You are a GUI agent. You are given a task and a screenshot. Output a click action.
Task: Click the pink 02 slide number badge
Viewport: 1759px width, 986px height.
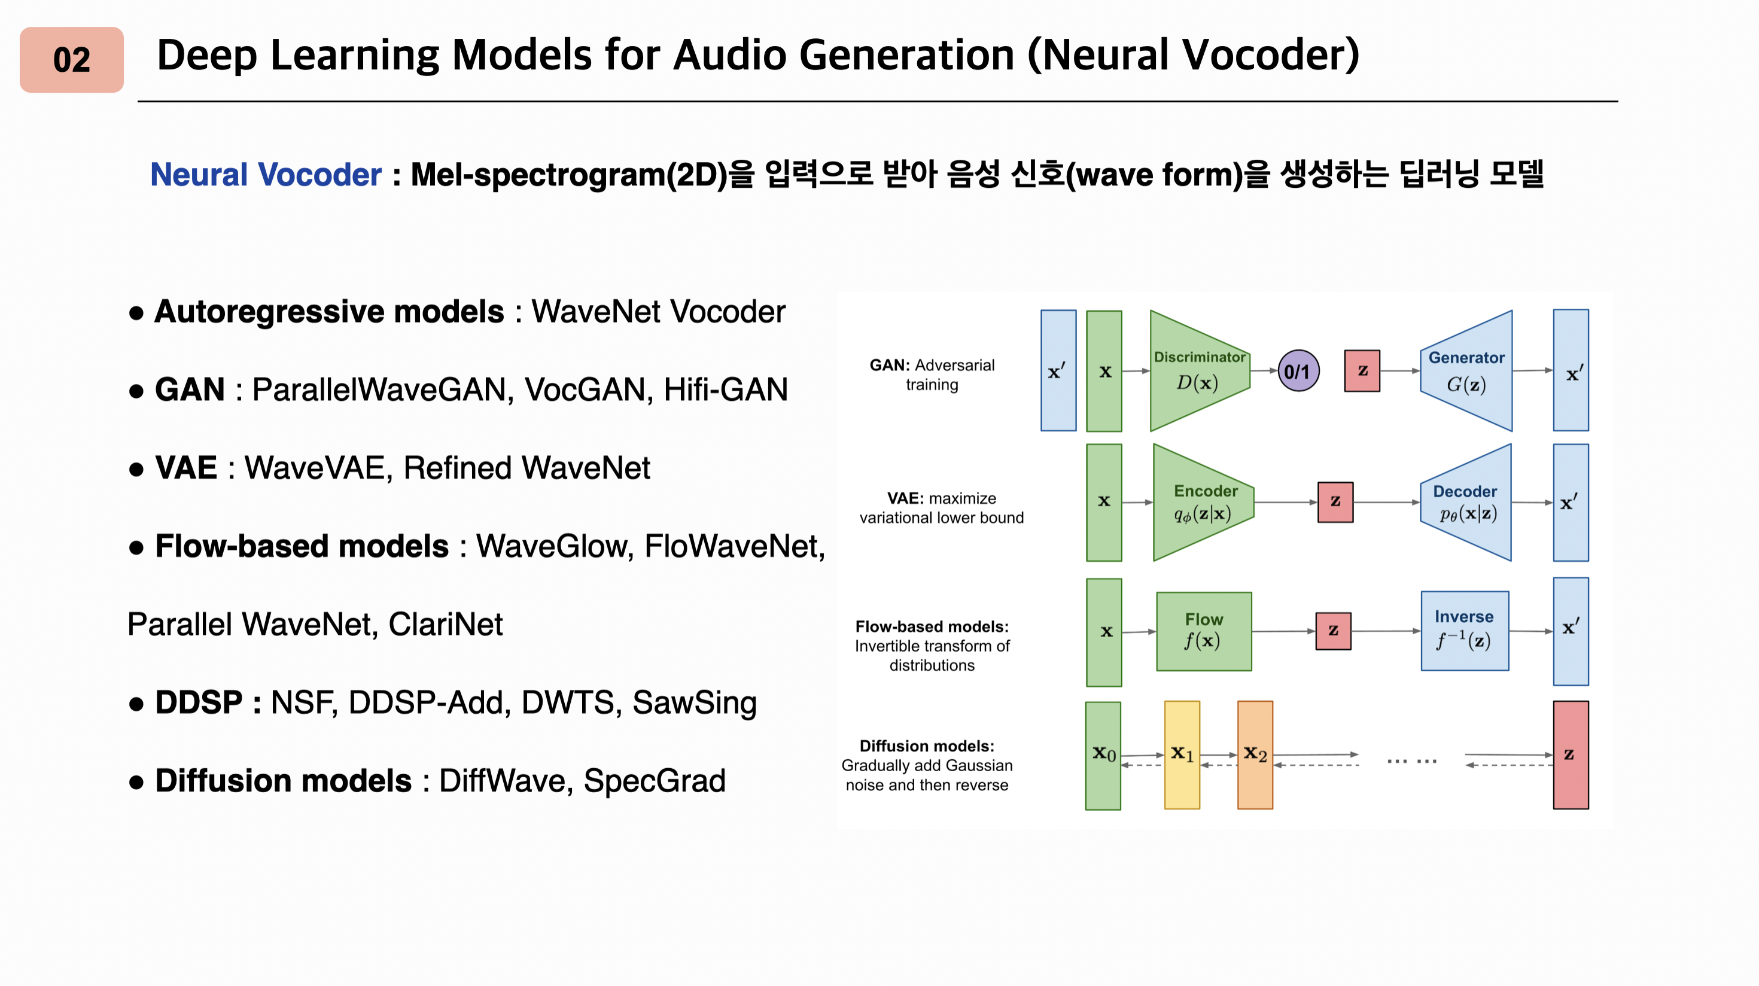(x=72, y=60)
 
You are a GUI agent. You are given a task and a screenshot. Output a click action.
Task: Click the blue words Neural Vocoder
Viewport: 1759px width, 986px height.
(x=265, y=175)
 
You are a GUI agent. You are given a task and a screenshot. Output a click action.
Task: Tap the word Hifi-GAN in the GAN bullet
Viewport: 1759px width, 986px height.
(x=725, y=390)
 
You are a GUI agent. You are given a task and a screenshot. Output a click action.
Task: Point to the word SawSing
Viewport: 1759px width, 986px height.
(x=694, y=702)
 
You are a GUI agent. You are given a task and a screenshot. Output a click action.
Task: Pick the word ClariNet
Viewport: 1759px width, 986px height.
(x=445, y=624)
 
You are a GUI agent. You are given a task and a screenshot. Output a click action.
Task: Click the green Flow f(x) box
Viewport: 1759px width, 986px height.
(x=1203, y=631)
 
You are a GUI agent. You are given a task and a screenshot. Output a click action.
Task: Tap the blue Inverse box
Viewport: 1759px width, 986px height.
(x=1464, y=631)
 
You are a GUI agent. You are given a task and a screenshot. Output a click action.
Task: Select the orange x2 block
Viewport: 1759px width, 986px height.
(x=1255, y=754)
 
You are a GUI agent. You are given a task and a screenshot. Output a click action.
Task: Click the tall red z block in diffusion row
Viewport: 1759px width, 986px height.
(x=1570, y=754)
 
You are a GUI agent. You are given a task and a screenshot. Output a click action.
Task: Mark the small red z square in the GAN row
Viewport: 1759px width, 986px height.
(x=1362, y=371)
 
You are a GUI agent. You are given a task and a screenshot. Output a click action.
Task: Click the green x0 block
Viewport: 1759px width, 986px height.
(x=1103, y=754)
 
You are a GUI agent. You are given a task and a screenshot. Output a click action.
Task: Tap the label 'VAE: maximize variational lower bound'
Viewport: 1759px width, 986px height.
(x=941, y=508)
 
